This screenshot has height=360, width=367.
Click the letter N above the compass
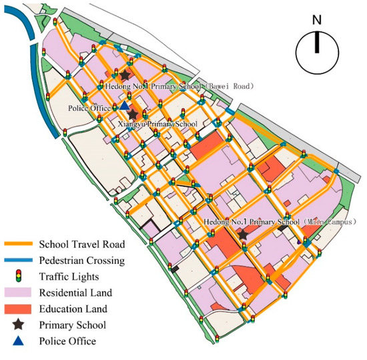click(x=317, y=19)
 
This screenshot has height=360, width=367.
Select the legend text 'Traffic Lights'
click(x=68, y=275)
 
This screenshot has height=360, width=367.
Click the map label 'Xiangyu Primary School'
click(x=157, y=124)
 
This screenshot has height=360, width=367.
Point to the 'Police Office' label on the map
click(x=90, y=108)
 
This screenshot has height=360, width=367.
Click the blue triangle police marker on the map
click(x=124, y=106)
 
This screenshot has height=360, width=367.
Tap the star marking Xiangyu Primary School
click(x=133, y=116)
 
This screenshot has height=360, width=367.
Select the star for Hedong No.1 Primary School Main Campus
click(x=243, y=234)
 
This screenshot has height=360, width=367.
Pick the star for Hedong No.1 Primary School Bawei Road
click(x=125, y=75)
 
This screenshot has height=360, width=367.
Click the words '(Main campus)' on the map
click(x=328, y=221)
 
